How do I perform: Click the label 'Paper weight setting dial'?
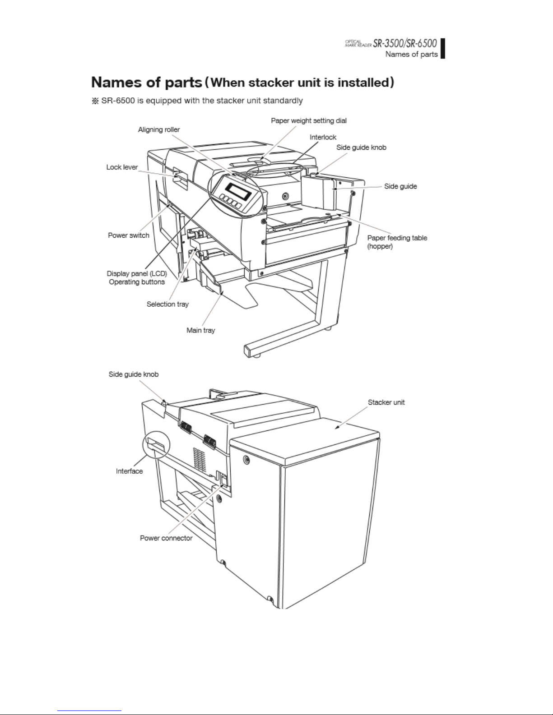coord(309,120)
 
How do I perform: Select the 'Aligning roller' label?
coord(159,129)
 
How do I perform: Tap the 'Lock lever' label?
coord(122,167)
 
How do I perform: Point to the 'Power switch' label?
coord(129,235)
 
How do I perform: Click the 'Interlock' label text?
coord(323,137)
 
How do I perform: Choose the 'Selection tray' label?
coord(167,304)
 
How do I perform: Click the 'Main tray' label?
coord(201,330)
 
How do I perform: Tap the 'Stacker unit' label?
coord(386,402)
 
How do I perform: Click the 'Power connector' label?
coord(166,538)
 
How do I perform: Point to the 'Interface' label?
coord(130,471)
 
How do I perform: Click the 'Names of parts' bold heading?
coord(146,83)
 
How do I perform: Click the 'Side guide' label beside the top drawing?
coord(400,186)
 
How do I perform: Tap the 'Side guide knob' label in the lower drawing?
coord(134,374)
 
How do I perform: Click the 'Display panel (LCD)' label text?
coord(137,273)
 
